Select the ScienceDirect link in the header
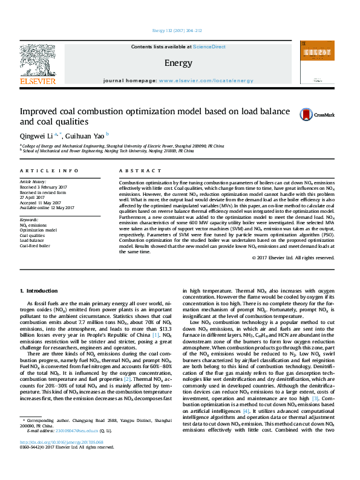[209, 46]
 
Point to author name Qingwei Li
[36, 135]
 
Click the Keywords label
[29, 220]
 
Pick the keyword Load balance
[32, 240]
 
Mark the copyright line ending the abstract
[293, 258]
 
